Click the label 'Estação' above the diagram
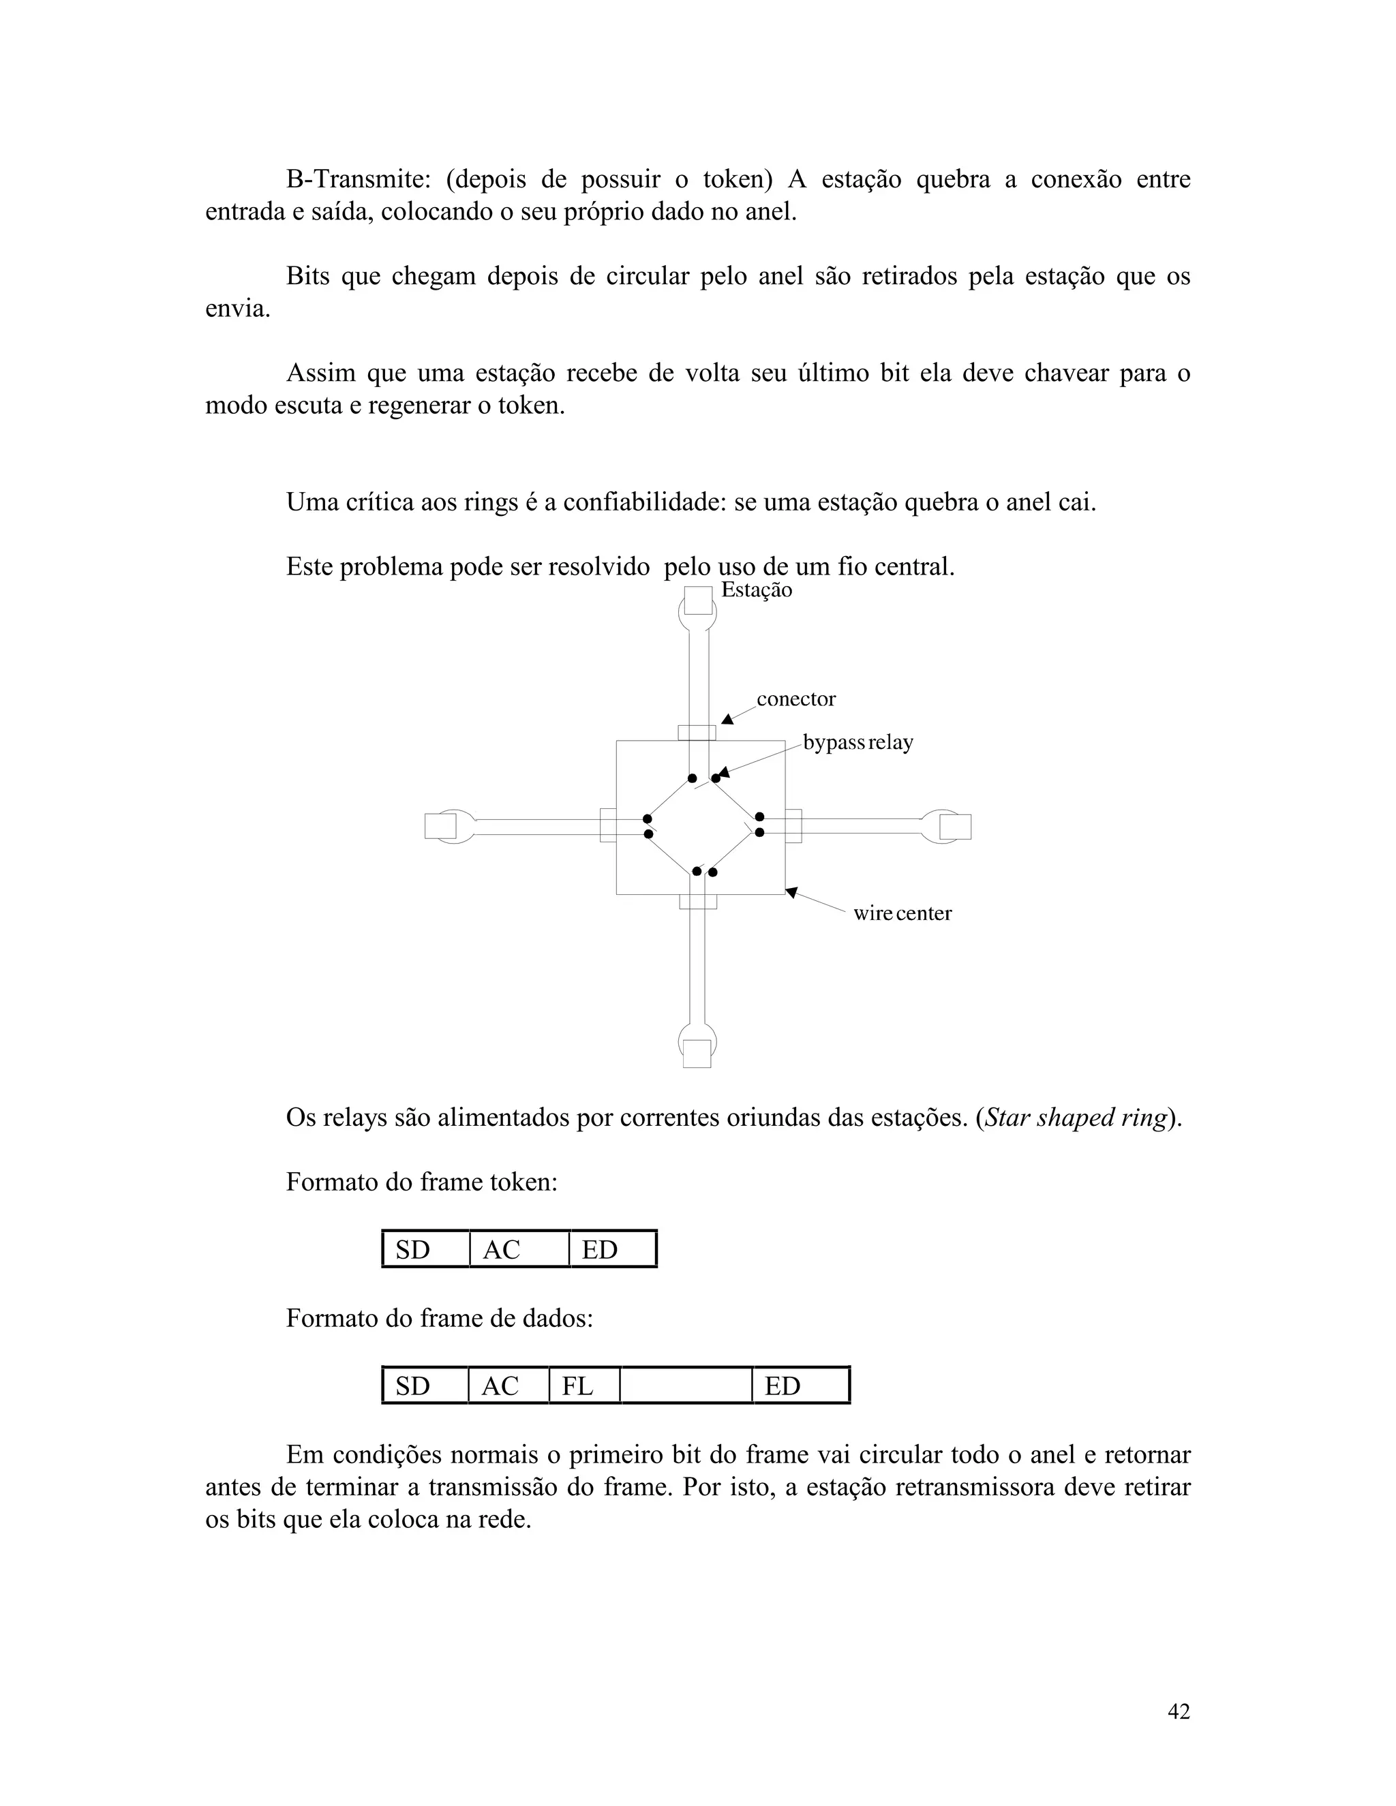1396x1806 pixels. tap(756, 590)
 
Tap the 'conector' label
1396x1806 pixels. tap(795, 700)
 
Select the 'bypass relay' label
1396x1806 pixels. tap(858, 743)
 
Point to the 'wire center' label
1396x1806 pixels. tap(902, 914)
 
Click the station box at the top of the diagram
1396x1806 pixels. tap(697, 600)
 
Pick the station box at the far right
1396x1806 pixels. tap(955, 826)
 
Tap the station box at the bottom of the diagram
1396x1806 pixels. tap(697, 1054)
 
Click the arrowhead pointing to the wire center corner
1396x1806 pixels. tap(791, 892)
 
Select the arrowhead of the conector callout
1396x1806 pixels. tap(727, 720)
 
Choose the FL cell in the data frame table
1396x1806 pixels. tap(584, 1386)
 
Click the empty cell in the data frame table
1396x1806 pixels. tap(686, 1386)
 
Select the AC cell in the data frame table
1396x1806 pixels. tap(508, 1386)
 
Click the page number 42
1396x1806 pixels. tap(1179, 1713)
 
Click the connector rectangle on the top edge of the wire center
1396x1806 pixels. tap(697, 733)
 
